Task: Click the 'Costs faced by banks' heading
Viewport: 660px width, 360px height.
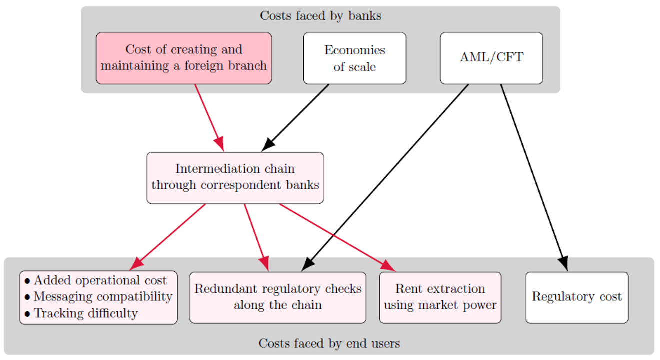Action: [320, 16]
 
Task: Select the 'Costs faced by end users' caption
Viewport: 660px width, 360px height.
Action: [329, 343]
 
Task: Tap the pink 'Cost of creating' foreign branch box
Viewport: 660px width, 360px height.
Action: [184, 58]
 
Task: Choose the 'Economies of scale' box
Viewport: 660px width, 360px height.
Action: [354, 58]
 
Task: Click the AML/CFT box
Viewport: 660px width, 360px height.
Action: [491, 58]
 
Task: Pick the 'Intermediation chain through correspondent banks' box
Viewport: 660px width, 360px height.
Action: [235, 177]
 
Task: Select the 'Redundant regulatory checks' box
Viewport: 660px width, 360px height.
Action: [277, 297]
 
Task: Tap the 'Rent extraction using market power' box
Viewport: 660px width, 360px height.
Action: [440, 297]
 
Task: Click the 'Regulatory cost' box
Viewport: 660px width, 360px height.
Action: [576, 297]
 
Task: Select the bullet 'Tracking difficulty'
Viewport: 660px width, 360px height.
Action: [85, 313]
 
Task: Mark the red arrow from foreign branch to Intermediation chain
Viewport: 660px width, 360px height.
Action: [209, 117]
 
